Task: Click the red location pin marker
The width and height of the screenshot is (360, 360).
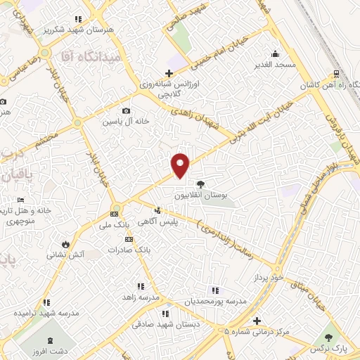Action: [x=181, y=165]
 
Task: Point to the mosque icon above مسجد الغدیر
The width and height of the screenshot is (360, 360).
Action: [x=274, y=53]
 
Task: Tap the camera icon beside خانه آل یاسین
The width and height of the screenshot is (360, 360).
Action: [x=126, y=110]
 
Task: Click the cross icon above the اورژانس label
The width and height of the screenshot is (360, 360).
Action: [x=168, y=73]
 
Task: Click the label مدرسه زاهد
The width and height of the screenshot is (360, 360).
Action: [x=137, y=297]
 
